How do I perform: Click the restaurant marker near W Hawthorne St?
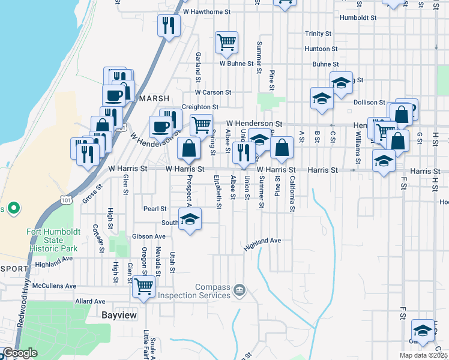168,25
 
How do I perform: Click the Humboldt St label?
357,18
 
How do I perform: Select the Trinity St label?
318,34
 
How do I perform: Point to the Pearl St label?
155,209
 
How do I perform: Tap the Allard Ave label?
91,301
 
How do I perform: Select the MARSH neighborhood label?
155,98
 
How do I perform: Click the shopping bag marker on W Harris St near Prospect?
188,148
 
